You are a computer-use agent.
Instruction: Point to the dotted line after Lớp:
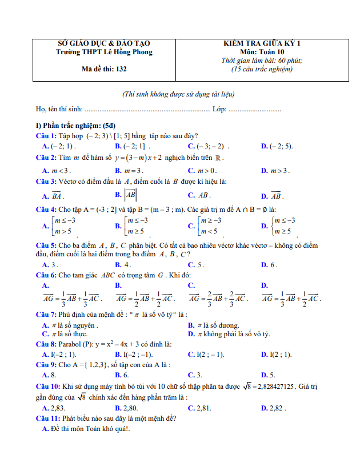(254, 109)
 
